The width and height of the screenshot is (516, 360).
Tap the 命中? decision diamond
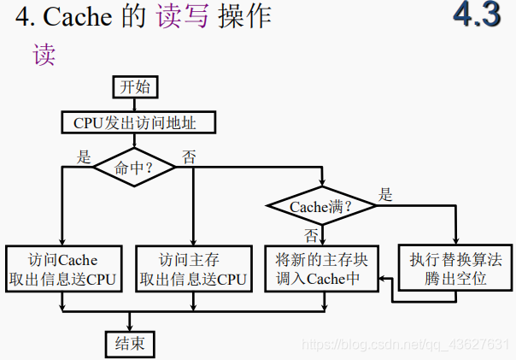pyautogui.click(x=134, y=168)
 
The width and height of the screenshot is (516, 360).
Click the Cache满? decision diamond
pyautogui.click(x=321, y=206)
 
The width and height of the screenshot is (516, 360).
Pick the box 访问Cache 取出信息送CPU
pyautogui.click(x=63, y=269)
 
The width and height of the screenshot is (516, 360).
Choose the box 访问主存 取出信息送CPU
pyautogui.click(x=194, y=269)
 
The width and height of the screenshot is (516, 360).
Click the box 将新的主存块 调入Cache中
pyautogui.click(x=321, y=269)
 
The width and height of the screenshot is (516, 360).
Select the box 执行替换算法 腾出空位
pyautogui.click(x=455, y=269)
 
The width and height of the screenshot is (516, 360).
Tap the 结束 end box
pyautogui.click(x=130, y=344)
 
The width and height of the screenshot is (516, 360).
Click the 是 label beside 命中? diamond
pyautogui.click(x=84, y=157)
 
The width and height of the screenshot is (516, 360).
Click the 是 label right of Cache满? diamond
pyautogui.click(x=385, y=195)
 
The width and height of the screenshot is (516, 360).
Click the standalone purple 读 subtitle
pyautogui.click(x=44, y=55)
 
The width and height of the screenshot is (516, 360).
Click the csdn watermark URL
pyautogui.click(x=407, y=344)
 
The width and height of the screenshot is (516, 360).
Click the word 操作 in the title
pyautogui.click(x=244, y=17)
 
